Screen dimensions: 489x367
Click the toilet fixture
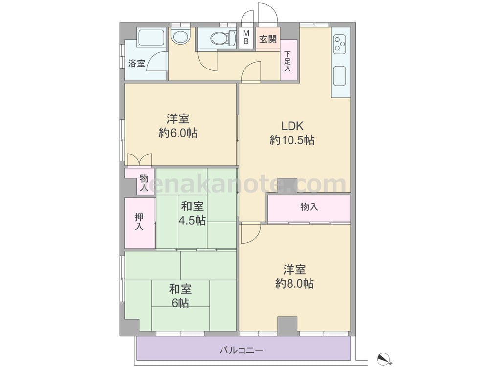[x=223, y=38]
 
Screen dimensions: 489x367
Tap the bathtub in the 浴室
[x=151, y=38]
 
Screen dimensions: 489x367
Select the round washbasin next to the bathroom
[x=180, y=37]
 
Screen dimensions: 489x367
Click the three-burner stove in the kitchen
[x=340, y=44]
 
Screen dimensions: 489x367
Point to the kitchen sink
[x=340, y=76]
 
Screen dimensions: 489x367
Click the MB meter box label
[x=246, y=37]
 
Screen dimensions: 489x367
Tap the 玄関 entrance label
[x=268, y=39]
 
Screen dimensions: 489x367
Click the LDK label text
[x=292, y=126]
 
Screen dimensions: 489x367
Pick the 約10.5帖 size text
[x=292, y=140]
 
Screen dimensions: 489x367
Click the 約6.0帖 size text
[x=178, y=133]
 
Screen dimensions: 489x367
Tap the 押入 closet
[x=140, y=223]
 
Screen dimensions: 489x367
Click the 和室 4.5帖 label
[x=192, y=213]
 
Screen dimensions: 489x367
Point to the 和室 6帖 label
[x=180, y=296]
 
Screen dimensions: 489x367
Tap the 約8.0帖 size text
[x=294, y=284]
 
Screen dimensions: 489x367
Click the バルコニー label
[x=241, y=350]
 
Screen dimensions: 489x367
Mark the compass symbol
[x=385, y=358]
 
